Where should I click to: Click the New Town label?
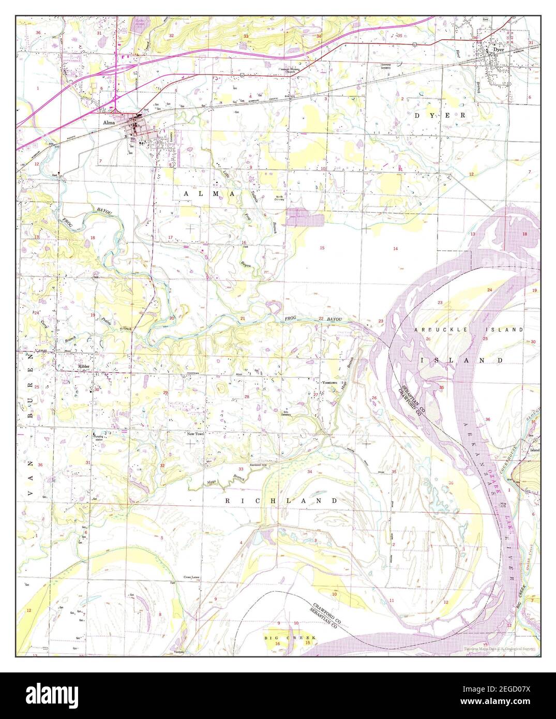coord(196,434)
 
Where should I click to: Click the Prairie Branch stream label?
coord(111,324)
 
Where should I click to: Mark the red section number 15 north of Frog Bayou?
coord(322,248)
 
